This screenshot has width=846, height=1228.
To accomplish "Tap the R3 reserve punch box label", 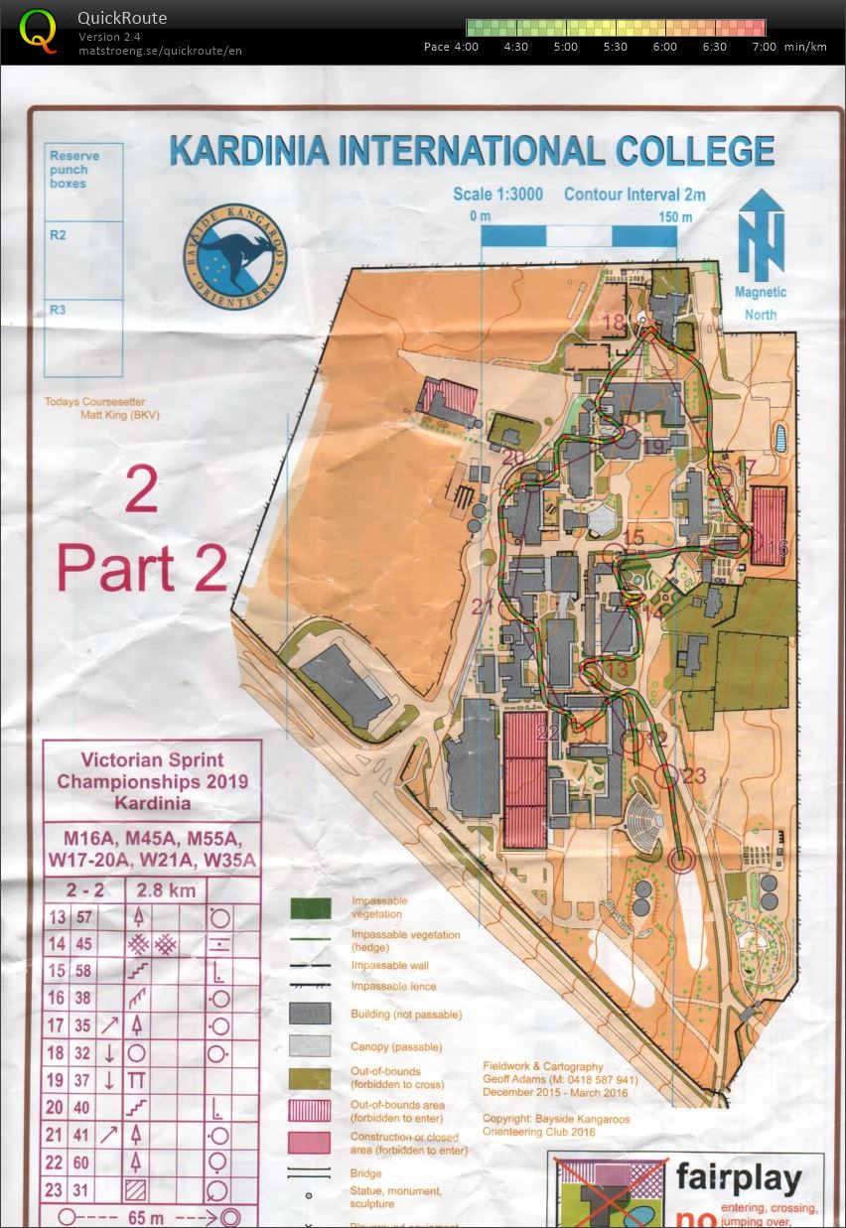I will [x=58, y=310].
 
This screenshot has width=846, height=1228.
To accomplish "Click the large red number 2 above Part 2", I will [x=141, y=489].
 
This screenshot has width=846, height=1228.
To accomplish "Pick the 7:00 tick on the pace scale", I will [x=765, y=47].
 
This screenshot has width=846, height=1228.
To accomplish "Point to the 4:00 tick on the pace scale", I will [x=467, y=47].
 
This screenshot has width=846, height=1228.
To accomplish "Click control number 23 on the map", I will [x=694, y=775].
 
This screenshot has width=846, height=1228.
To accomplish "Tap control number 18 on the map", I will [x=613, y=322].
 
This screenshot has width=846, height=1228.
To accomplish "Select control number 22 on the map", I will [x=547, y=733].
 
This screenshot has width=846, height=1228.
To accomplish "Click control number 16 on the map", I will [x=776, y=547].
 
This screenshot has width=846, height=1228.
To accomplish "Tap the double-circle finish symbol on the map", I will [x=680, y=860].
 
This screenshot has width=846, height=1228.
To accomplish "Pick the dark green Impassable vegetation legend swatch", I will [x=311, y=907].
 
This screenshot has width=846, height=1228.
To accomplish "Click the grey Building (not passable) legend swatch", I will [x=311, y=1014].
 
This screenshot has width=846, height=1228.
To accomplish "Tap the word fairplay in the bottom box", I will [x=738, y=1179].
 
